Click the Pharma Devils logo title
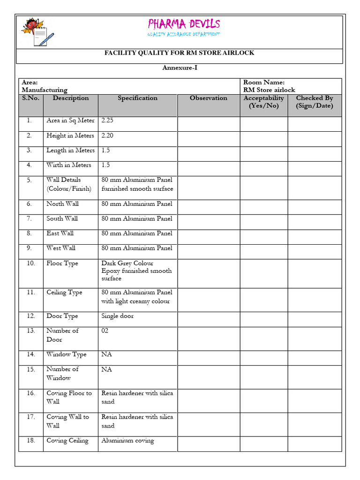pyautogui.click(x=184, y=24)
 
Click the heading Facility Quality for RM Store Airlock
pyautogui.click(x=179, y=53)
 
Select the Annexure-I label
pyautogui.click(x=180, y=68)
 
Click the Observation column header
pyautogui.click(x=208, y=98)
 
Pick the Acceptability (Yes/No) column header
pyautogui.click(x=263, y=102)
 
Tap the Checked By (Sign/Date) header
pyautogui.click(x=314, y=102)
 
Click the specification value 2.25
pyautogui.click(x=107, y=120)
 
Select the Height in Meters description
pyautogui.click(x=70, y=135)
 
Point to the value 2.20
pyautogui.click(x=107, y=135)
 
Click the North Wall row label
pyautogui.click(x=62, y=204)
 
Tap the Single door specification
pyautogui.click(x=117, y=316)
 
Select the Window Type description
pyautogui.click(x=67, y=354)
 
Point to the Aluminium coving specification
pyautogui.click(x=127, y=441)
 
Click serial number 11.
pyautogui.click(x=31, y=292)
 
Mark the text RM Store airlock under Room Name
pyautogui.click(x=269, y=90)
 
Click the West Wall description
pyautogui.click(x=61, y=248)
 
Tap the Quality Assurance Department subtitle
pyautogui.click(x=184, y=34)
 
